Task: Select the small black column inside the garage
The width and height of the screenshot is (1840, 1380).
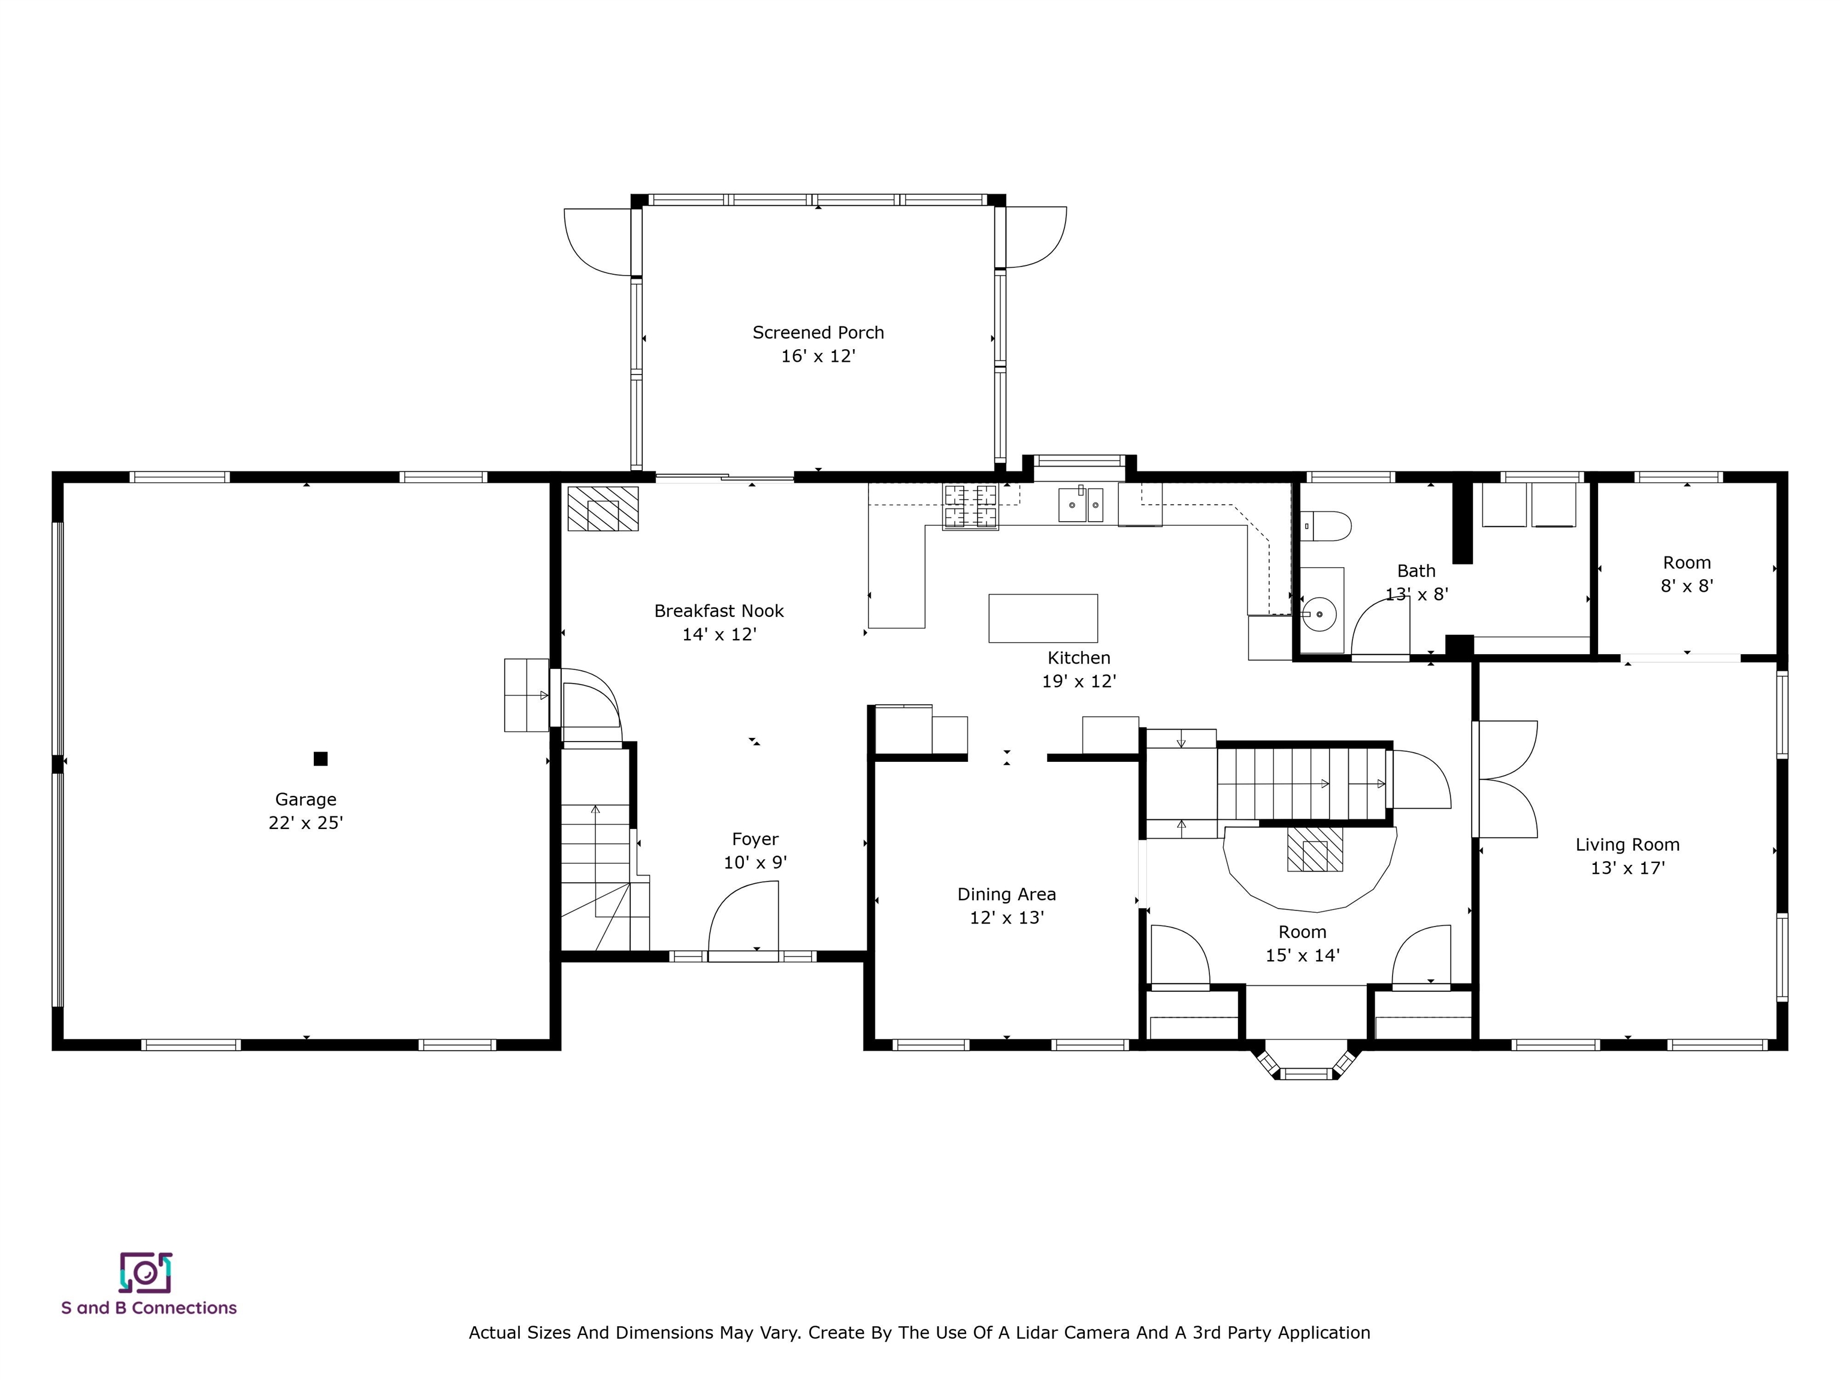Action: pyautogui.click(x=320, y=759)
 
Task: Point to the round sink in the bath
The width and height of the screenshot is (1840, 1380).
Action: pyautogui.click(x=1320, y=615)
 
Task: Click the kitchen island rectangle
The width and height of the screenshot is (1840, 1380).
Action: pyautogui.click(x=1042, y=618)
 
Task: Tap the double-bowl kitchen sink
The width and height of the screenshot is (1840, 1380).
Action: pyautogui.click(x=1081, y=505)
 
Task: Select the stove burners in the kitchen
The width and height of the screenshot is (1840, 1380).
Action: pyautogui.click(x=970, y=506)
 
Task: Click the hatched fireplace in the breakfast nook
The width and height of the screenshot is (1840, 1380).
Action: pyautogui.click(x=603, y=509)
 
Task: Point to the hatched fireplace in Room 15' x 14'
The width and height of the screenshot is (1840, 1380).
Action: pyautogui.click(x=1314, y=849)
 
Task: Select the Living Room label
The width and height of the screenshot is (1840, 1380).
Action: pyautogui.click(x=1627, y=845)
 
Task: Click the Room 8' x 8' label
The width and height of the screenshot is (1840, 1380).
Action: pyautogui.click(x=1686, y=563)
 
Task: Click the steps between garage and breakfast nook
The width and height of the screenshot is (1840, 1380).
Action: pyautogui.click(x=526, y=695)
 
